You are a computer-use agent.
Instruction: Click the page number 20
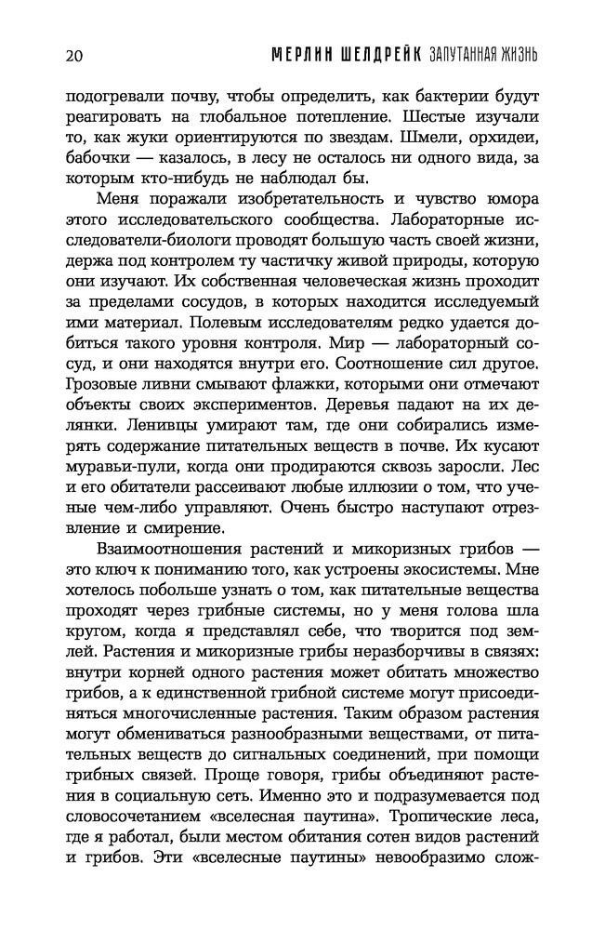tap(75, 54)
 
